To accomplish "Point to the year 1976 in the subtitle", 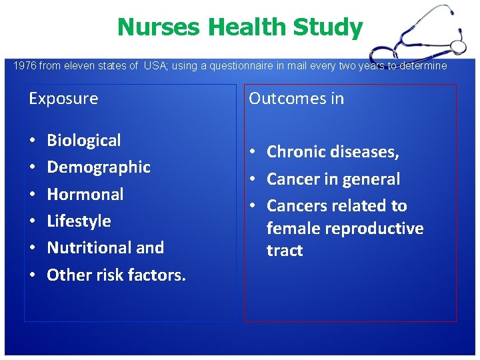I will click(25, 65).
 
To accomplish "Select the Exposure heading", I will click(63, 99).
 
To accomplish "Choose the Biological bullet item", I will click(84, 141).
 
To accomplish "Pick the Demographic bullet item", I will click(99, 167).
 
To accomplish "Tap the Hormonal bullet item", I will click(85, 194).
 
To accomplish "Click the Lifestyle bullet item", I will click(79, 221).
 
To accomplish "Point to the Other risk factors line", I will click(116, 275).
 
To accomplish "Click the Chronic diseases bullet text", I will click(333, 152).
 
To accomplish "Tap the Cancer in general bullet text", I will click(333, 179).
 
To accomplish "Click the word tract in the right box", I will click(285, 251).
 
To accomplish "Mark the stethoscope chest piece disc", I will click(459, 46).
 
